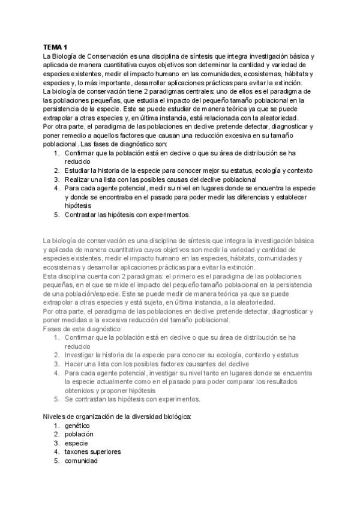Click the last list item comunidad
coord(82,460)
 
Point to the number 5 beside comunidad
coord(56,460)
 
